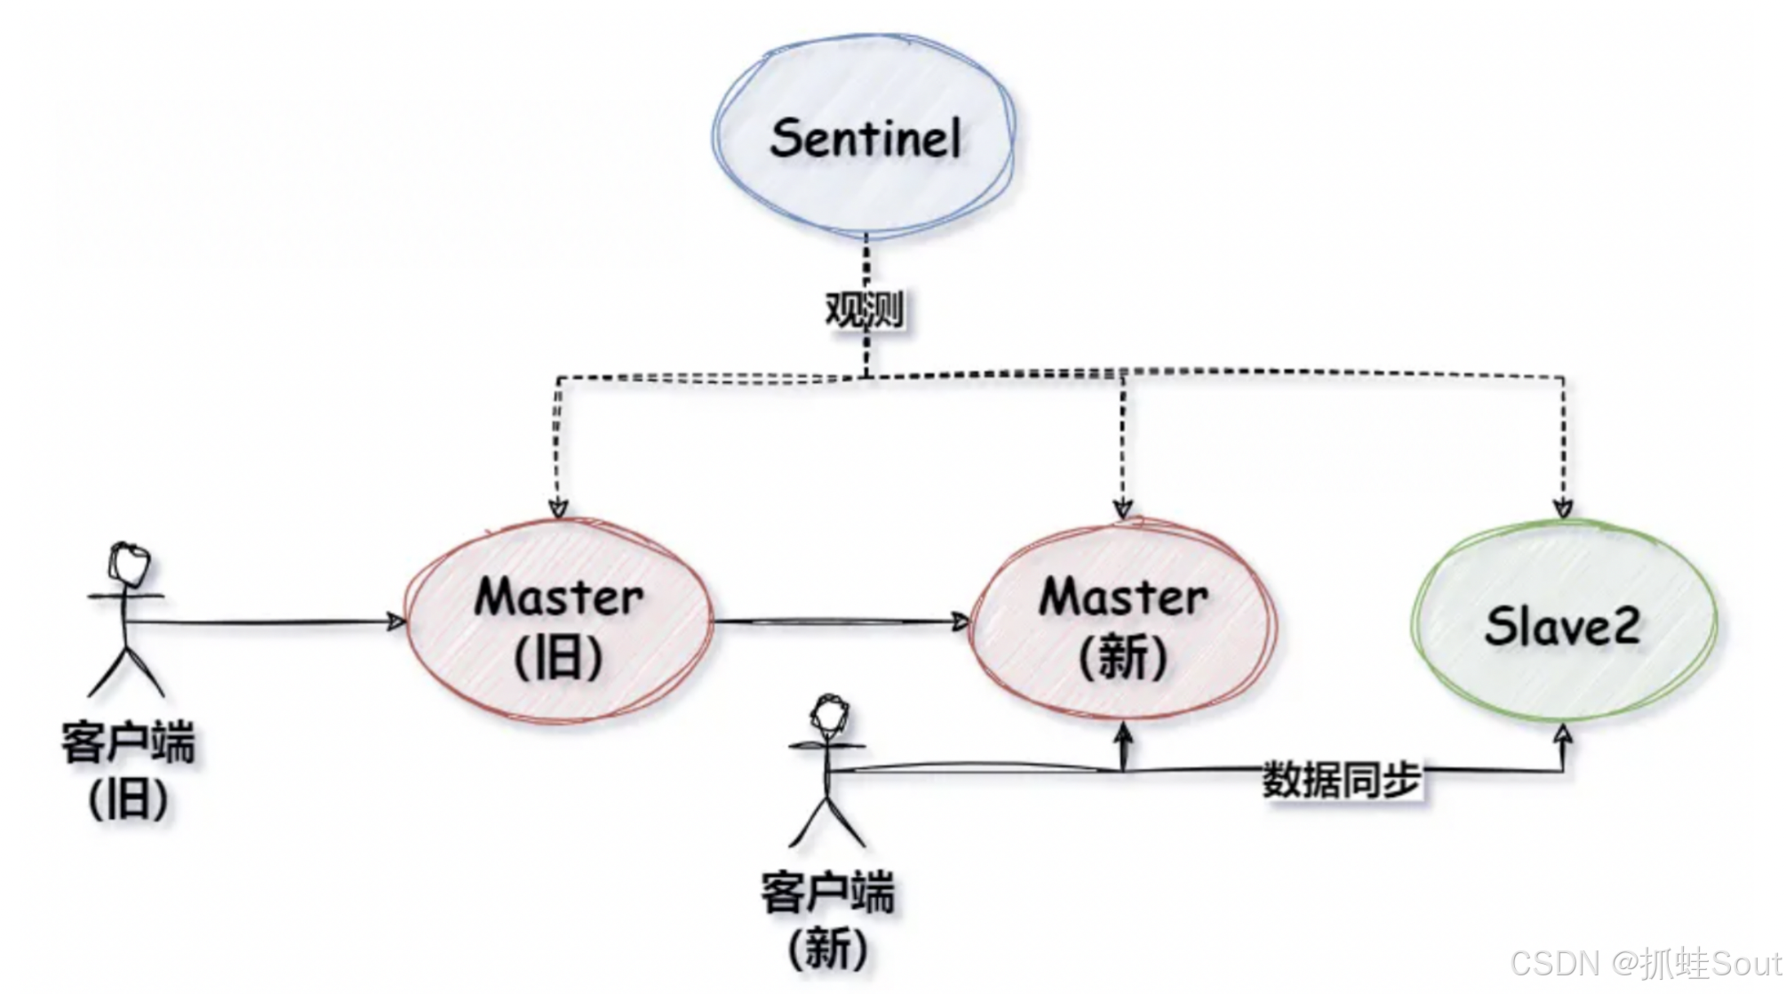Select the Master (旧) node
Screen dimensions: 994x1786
point(559,622)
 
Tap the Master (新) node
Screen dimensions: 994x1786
point(1123,622)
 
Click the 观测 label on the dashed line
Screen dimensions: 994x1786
point(864,310)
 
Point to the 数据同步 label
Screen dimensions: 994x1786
point(1342,780)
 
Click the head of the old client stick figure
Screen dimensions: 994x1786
point(129,564)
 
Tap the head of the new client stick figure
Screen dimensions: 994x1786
point(828,715)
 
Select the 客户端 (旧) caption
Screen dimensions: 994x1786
point(128,770)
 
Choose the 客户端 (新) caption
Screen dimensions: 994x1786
point(827,919)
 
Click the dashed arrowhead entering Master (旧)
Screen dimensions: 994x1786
point(558,508)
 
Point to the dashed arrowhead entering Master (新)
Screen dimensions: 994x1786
point(1123,508)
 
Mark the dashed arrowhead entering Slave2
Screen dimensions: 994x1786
point(1563,508)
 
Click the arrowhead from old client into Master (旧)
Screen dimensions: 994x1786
point(395,622)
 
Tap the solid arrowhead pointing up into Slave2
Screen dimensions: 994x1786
point(1563,734)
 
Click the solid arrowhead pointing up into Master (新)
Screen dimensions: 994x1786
point(1124,733)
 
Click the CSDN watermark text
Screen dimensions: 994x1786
point(1645,963)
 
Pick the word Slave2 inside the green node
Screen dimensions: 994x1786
point(1562,626)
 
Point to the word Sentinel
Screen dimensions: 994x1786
point(865,140)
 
